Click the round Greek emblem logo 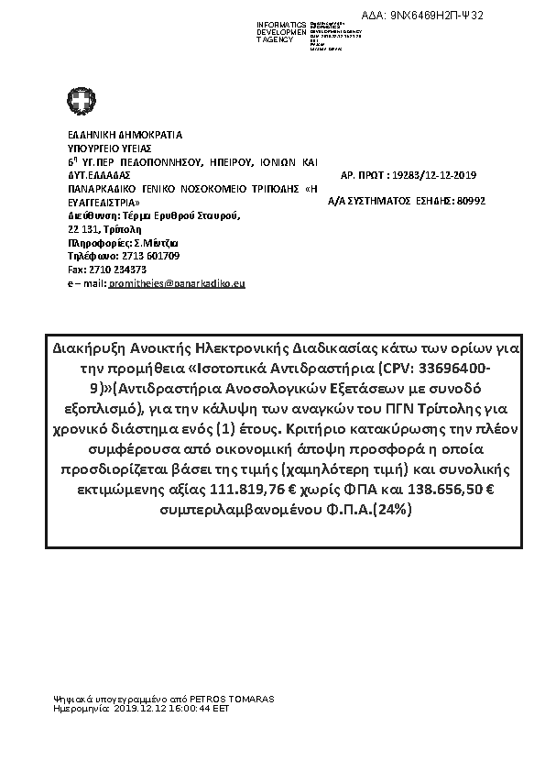click(x=79, y=100)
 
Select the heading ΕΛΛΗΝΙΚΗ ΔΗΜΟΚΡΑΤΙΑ click(x=125, y=135)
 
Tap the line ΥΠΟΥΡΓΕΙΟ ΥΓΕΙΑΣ click(x=110, y=148)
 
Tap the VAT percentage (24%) click(x=390, y=509)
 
